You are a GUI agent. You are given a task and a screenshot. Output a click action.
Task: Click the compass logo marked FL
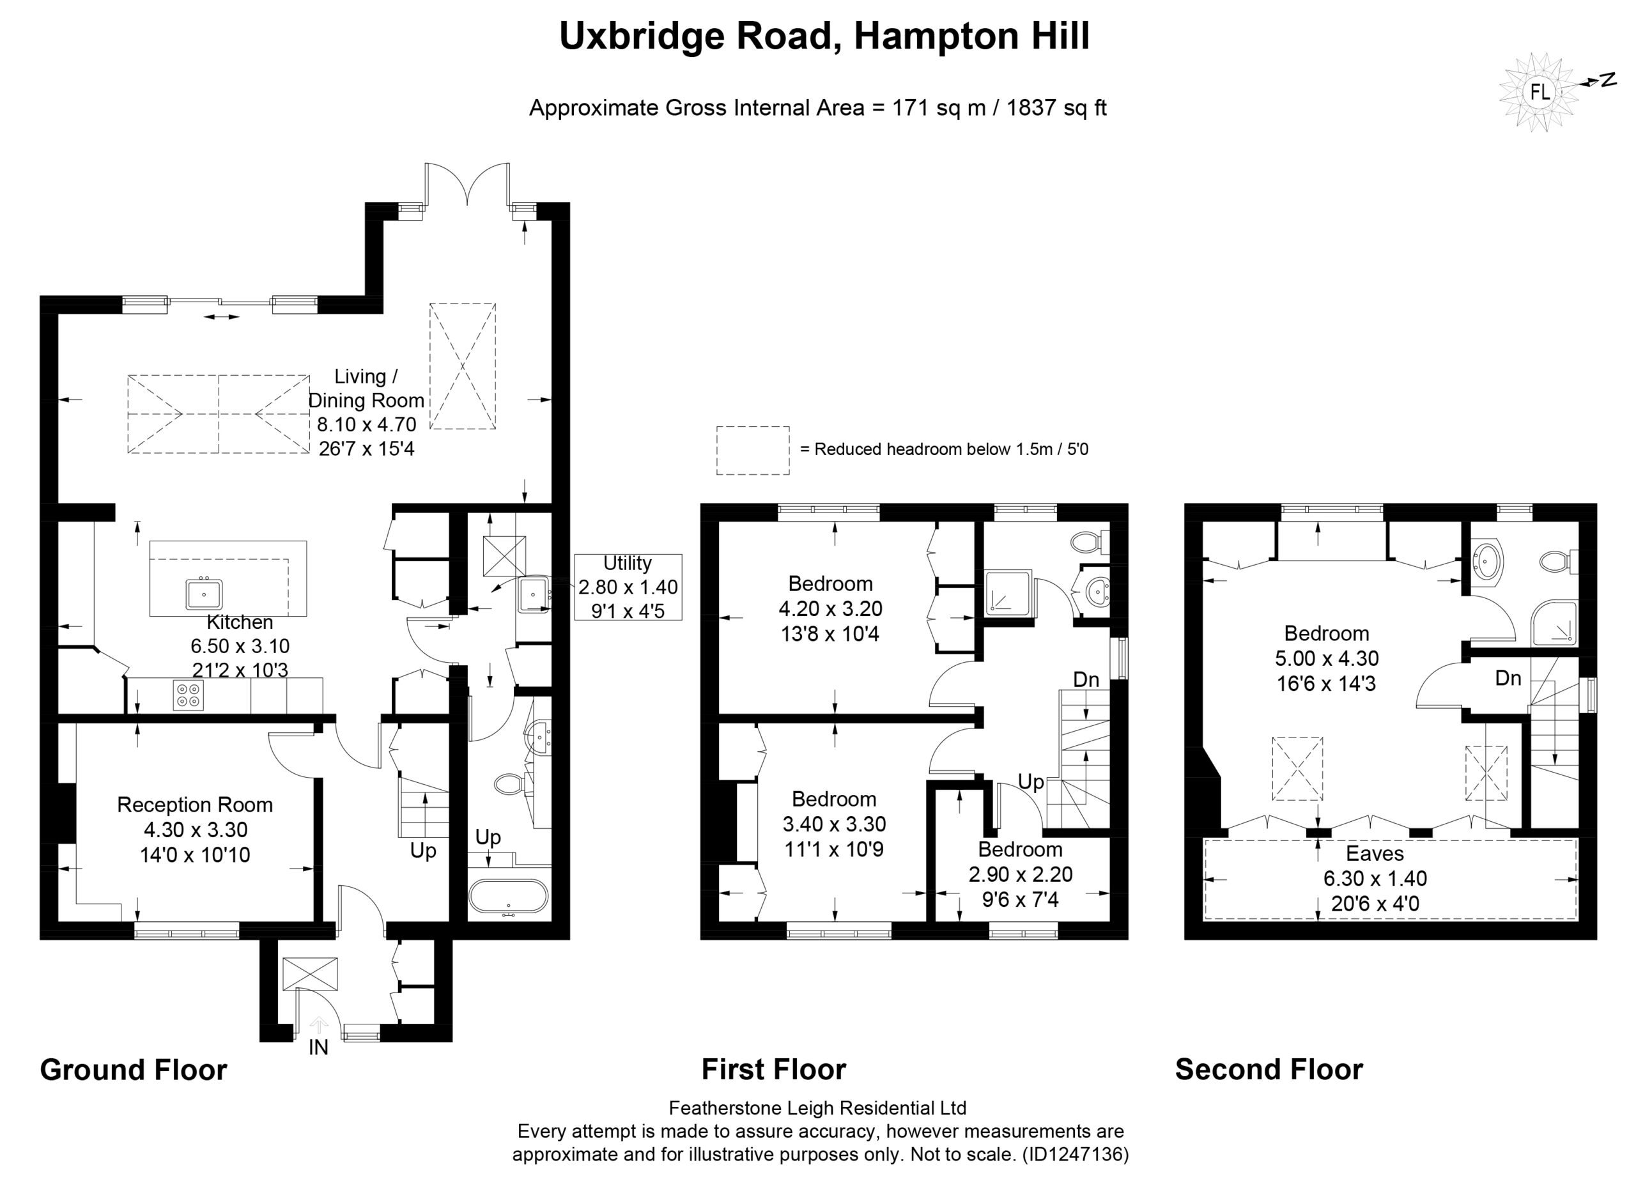pyautogui.click(x=1540, y=92)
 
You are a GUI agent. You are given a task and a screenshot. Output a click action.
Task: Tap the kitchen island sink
pyautogui.click(x=204, y=594)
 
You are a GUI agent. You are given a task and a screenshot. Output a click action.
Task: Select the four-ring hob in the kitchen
pyautogui.click(x=189, y=695)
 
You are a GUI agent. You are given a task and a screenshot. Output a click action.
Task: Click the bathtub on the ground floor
pyautogui.click(x=508, y=896)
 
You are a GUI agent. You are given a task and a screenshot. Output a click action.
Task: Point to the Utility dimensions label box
pyautogui.click(x=628, y=587)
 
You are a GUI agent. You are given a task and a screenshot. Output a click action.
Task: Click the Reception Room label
pyautogui.click(x=195, y=805)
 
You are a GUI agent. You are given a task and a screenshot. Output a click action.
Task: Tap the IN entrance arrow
pyautogui.click(x=318, y=1025)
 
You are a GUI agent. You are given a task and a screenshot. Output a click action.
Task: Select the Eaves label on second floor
pyautogui.click(x=1375, y=853)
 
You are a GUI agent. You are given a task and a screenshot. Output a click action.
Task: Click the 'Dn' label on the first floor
pyautogui.click(x=1086, y=679)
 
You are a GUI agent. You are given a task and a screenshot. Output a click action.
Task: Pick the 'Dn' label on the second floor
pyautogui.click(x=1508, y=678)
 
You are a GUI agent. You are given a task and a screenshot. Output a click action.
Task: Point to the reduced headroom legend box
pyautogui.click(x=752, y=450)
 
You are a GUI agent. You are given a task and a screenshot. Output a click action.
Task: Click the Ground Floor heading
pyautogui.click(x=134, y=1069)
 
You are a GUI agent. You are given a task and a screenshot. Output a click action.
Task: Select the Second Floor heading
pyautogui.click(x=1269, y=1069)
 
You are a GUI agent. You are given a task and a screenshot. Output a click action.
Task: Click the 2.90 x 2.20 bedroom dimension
pyautogui.click(x=1020, y=874)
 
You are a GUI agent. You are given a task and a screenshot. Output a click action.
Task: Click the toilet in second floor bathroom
pyautogui.click(x=1559, y=560)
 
